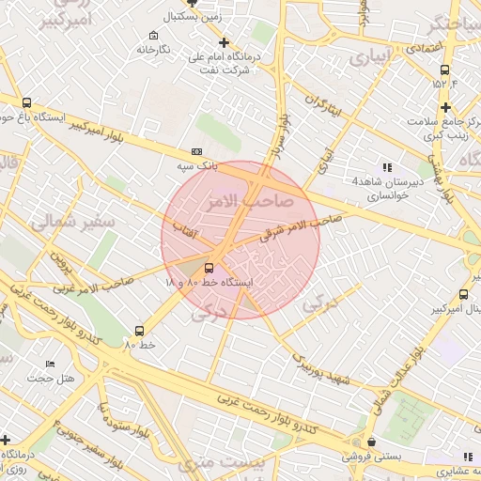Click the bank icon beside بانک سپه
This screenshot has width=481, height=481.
(195, 151)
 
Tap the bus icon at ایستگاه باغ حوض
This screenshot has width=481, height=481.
(25, 103)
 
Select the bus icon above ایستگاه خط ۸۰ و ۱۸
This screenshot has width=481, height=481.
(209, 267)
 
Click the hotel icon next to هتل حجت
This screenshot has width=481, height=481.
(50, 363)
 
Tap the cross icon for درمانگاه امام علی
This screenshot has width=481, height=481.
(224, 42)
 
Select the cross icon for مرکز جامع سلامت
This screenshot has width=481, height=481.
(445, 107)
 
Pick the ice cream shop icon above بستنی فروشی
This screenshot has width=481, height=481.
(372, 441)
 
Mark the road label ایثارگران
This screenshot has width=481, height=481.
(325, 105)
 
